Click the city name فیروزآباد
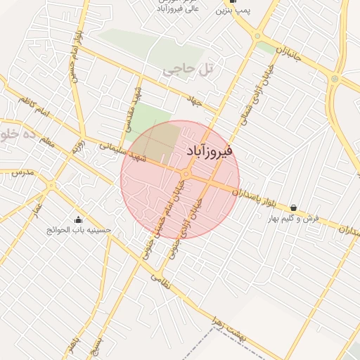click(x=211, y=151)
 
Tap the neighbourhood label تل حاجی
click(x=187, y=70)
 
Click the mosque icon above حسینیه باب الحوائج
click(x=77, y=219)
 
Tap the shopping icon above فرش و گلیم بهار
click(x=292, y=207)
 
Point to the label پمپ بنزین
click(x=232, y=10)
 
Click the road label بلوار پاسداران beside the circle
click(x=261, y=195)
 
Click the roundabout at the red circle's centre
click(x=186, y=174)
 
